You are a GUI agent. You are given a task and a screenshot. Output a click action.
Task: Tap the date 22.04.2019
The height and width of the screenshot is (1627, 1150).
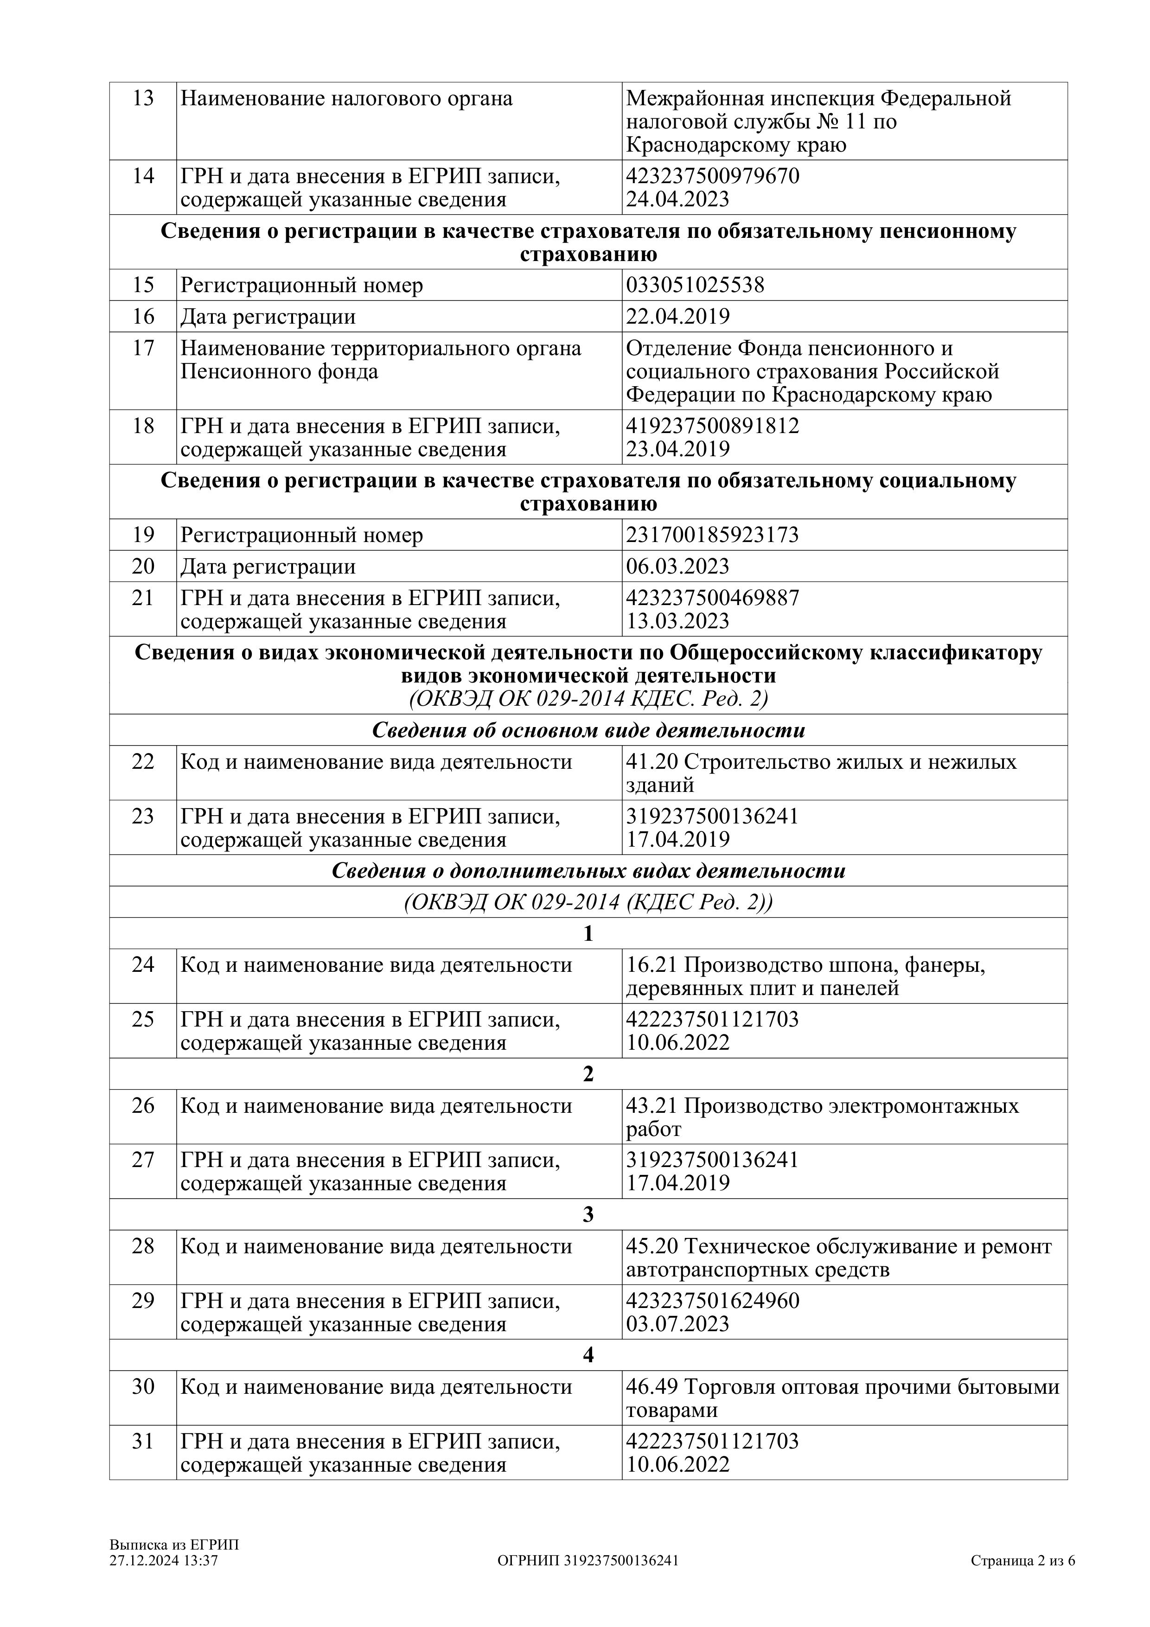pos(677,316)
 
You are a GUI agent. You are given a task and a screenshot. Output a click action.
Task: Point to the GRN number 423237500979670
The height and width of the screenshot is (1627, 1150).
pos(712,176)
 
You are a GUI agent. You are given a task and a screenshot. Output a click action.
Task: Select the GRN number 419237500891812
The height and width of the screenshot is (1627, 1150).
pos(712,426)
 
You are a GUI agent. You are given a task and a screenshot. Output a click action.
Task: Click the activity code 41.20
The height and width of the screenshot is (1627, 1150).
pos(652,762)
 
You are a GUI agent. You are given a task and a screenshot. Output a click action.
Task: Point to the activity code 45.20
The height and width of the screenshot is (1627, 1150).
pos(652,1246)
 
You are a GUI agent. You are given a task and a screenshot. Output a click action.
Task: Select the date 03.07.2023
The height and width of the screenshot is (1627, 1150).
pos(677,1324)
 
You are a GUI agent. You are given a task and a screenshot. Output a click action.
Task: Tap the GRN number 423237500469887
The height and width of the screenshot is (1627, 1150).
pos(712,598)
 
